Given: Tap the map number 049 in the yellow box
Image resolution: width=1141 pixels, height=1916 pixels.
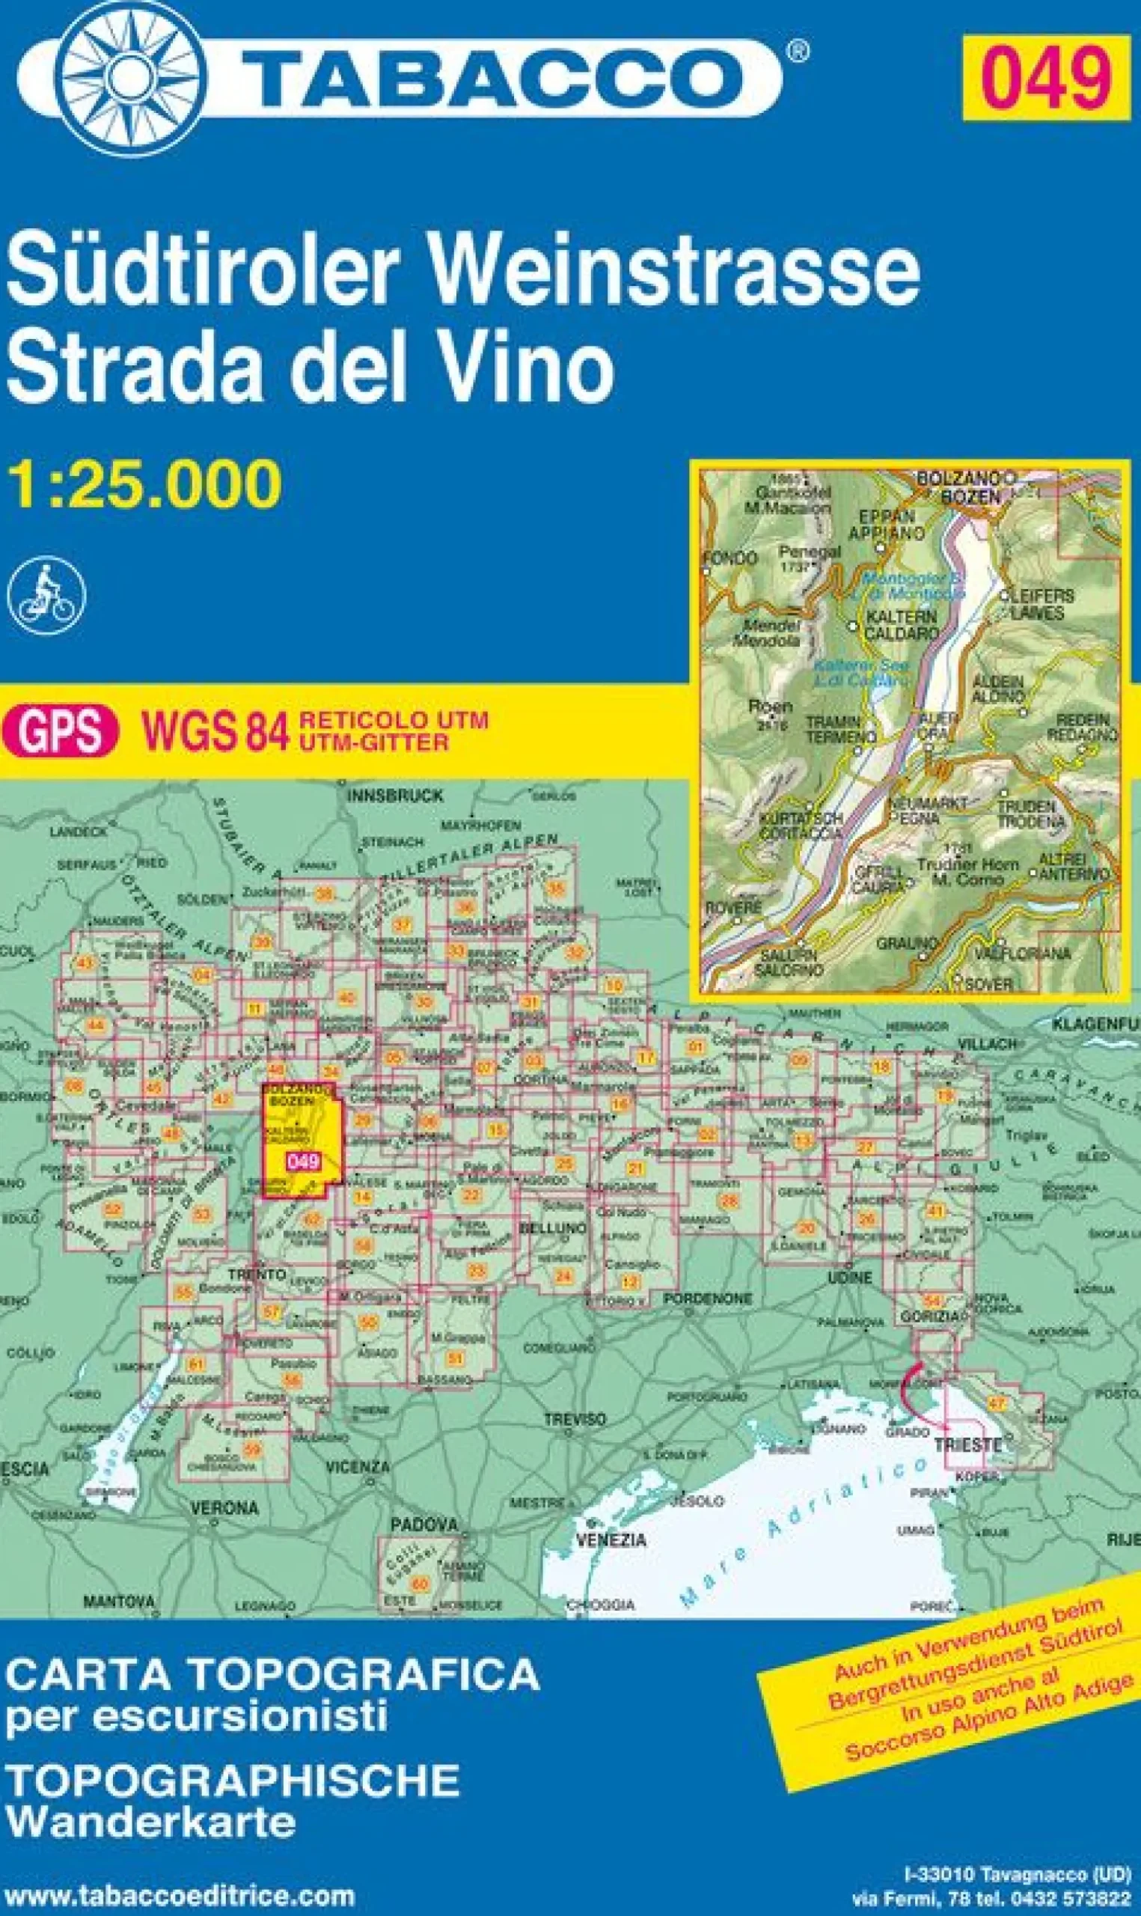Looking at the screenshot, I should pos(1047,77).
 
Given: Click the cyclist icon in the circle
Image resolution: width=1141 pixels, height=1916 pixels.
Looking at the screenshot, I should pos(46,595).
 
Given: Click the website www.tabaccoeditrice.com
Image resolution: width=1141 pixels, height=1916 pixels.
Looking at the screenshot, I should pos(180,1889).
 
